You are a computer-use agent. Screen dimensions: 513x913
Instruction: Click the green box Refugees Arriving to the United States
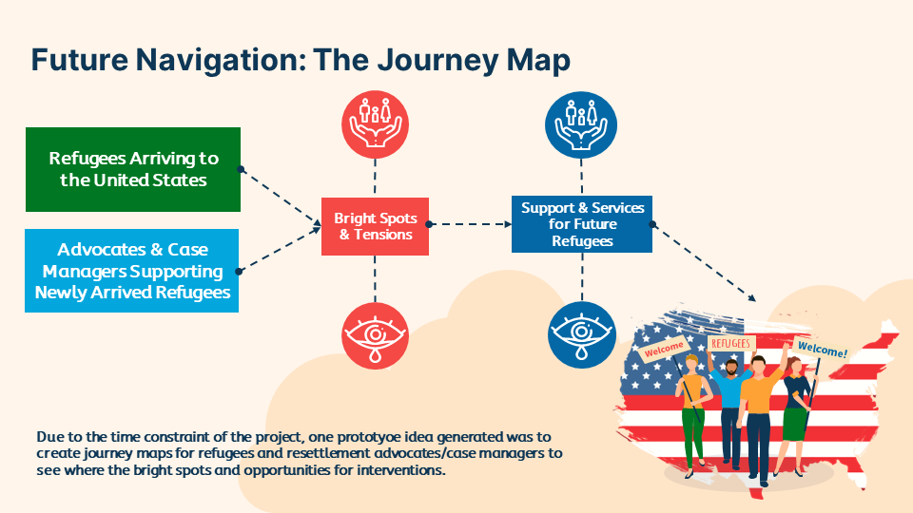point(133,169)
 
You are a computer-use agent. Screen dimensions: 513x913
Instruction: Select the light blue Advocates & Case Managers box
point(133,271)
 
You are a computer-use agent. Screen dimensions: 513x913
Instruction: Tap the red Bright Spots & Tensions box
point(375,226)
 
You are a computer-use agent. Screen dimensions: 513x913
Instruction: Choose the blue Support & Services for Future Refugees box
point(582,224)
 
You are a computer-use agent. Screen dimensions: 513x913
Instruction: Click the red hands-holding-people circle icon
point(375,125)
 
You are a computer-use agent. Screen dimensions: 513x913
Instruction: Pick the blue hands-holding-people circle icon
point(582,125)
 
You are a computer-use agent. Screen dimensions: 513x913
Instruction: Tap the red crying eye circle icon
point(375,334)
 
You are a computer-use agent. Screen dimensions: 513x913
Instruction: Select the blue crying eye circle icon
point(582,334)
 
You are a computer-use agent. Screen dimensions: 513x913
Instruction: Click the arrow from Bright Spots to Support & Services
point(470,225)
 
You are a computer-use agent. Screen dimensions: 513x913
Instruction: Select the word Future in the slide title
point(85,60)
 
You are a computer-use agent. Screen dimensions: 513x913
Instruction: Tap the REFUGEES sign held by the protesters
point(730,343)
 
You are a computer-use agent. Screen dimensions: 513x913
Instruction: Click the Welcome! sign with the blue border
point(822,350)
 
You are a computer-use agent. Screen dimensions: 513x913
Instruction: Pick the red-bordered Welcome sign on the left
point(663,350)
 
